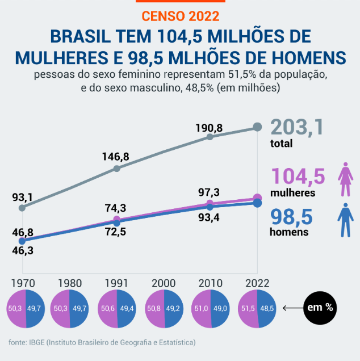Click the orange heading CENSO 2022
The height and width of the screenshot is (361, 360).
coord(179,16)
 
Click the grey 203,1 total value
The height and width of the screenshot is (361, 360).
coord(297,127)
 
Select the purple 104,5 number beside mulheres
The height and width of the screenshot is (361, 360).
coord(298,176)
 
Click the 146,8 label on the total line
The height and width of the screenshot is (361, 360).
coord(116,156)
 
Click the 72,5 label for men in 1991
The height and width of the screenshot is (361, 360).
coord(116,232)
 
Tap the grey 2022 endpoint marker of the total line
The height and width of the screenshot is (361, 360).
coord(257,128)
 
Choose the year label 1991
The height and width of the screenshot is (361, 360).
coord(116,282)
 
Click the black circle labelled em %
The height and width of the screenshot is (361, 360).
coord(320,308)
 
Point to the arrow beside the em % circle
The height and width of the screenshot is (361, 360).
coord(292,308)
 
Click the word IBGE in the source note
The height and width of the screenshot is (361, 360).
coord(36,342)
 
